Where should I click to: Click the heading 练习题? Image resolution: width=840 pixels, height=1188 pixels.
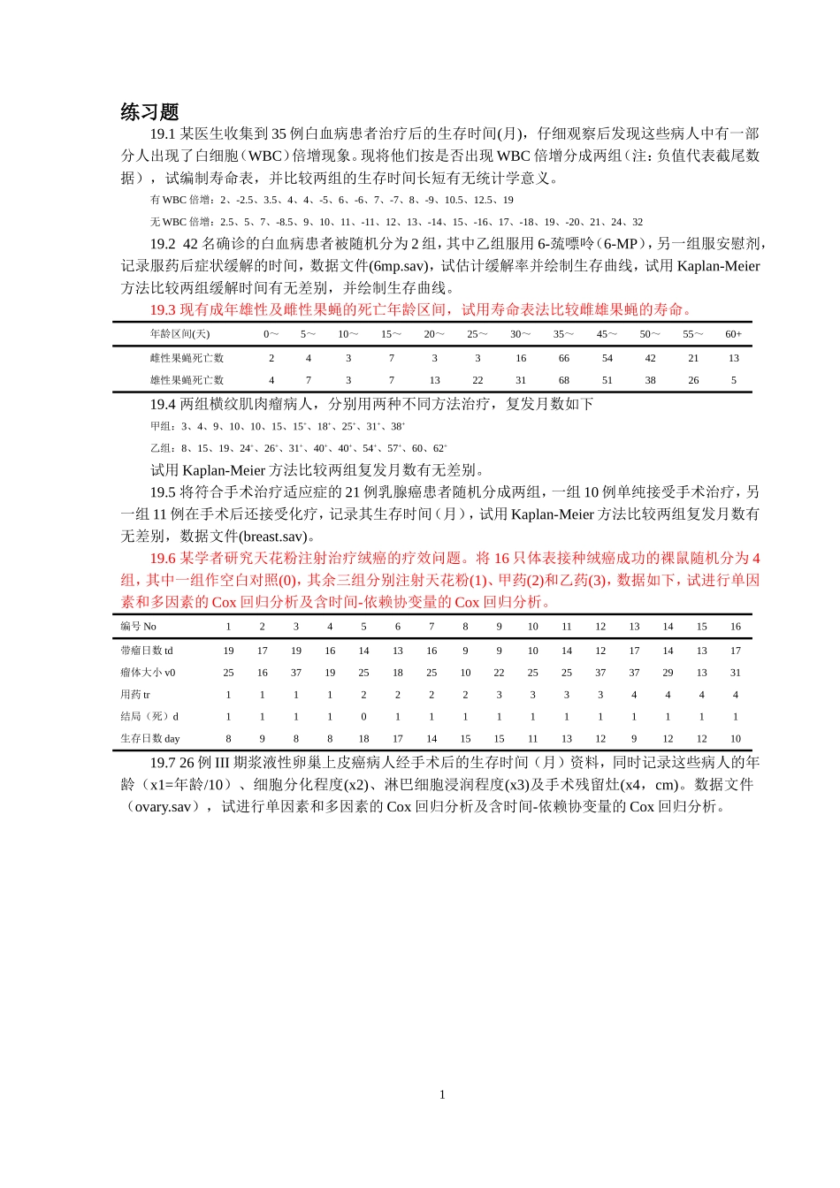click(x=149, y=111)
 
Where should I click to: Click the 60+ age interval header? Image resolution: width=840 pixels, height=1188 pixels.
click(x=733, y=334)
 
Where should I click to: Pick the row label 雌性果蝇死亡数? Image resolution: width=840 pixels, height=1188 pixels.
click(x=187, y=358)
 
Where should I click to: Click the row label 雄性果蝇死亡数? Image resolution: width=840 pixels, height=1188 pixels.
click(x=187, y=380)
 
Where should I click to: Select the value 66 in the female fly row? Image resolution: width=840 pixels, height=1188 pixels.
click(x=564, y=358)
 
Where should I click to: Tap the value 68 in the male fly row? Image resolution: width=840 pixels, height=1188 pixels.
click(x=564, y=380)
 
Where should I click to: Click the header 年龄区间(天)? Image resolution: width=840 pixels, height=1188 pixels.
click(x=179, y=334)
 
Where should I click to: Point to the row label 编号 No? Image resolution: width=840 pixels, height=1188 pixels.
click(x=139, y=627)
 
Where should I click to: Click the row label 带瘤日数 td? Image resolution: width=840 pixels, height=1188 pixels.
click(x=147, y=651)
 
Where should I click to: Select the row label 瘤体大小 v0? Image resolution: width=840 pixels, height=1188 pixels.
click(x=149, y=673)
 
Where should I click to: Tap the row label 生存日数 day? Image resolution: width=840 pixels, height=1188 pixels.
click(x=150, y=739)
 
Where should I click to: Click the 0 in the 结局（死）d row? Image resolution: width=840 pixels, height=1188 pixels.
click(x=363, y=717)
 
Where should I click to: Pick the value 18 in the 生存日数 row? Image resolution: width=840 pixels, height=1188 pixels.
click(x=363, y=739)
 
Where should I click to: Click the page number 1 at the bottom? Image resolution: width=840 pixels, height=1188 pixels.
click(x=442, y=1094)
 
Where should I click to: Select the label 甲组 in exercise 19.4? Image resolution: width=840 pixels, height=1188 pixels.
click(x=163, y=426)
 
